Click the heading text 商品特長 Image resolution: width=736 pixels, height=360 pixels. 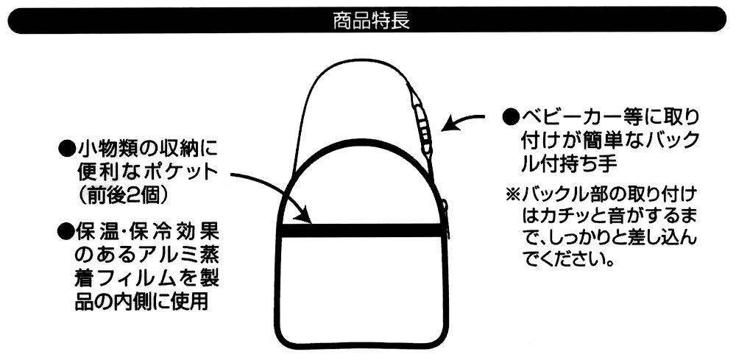(371, 21)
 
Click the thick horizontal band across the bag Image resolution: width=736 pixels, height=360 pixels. (361, 230)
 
